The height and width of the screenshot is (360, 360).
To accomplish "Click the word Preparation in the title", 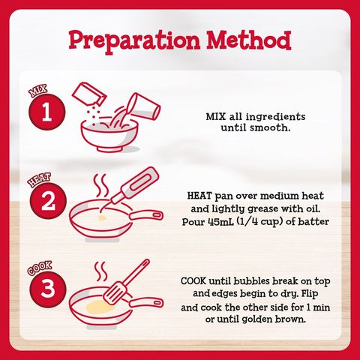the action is coord(134,41).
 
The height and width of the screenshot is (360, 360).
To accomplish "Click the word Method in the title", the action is coord(249,40).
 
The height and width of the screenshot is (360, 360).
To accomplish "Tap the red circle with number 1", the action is coord(47,112).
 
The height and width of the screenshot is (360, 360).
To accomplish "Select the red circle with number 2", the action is coord(48,201).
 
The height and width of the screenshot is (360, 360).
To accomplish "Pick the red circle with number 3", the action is coord(48,289).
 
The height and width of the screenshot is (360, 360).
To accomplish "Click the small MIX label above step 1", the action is coord(38,91).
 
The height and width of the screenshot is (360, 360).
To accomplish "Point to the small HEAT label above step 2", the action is coord(39,180).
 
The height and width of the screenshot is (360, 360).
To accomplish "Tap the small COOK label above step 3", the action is coord(40,268).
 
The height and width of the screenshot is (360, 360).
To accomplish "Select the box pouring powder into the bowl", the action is coord(89,94).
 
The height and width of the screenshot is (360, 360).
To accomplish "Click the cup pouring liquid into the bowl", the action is coord(145,107).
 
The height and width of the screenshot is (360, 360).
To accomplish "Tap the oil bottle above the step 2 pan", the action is coord(135,184).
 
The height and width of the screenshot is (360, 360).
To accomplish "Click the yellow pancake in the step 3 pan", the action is coord(100,307).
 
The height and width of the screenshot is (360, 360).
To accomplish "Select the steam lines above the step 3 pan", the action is coord(100,271).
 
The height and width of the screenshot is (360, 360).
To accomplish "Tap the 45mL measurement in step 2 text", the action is coord(220,222).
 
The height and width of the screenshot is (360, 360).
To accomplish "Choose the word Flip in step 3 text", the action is coord(310,293).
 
